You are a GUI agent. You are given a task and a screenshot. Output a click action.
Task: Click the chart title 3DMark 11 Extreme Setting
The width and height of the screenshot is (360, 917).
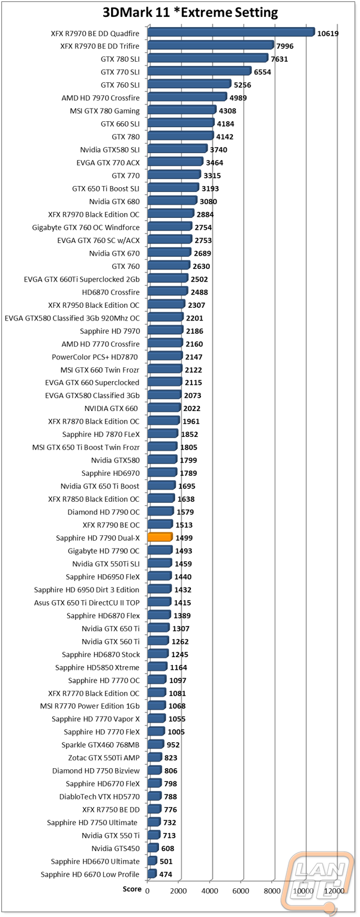tap(190, 13)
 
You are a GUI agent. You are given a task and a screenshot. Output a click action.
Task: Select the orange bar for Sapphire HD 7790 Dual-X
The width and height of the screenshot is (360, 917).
tap(160, 537)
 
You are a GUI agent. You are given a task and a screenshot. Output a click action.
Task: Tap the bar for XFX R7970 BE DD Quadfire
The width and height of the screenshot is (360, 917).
tap(231, 33)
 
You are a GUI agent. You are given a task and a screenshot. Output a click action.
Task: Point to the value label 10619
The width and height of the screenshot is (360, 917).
tap(328, 34)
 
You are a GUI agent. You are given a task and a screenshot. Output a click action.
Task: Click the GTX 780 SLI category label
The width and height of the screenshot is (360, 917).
tap(120, 59)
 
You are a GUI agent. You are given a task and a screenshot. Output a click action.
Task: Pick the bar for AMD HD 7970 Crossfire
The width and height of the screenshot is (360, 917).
tap(187, 97)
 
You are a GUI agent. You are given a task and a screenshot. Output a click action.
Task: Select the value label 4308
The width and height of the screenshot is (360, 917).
tap(227, 111)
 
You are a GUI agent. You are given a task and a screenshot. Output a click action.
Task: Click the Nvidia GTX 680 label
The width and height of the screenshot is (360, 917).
tap(115, 202)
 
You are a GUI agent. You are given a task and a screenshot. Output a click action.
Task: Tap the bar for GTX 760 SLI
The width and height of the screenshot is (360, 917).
tap(190, 85)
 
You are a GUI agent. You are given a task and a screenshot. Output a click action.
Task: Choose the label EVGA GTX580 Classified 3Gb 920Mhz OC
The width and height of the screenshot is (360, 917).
tap(72, 318)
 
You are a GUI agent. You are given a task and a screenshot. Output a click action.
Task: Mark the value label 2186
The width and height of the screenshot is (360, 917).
tap(194, 331)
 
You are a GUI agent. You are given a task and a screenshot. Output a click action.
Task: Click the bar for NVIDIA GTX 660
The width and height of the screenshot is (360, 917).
tap(164, 407)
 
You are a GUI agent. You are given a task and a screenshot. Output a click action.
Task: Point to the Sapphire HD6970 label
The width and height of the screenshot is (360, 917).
tap(110, 474)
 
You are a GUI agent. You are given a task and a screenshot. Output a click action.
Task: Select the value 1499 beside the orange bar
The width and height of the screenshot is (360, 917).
tap(184, 538)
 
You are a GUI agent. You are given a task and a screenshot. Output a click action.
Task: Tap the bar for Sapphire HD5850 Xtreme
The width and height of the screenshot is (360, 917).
tap(157, 667)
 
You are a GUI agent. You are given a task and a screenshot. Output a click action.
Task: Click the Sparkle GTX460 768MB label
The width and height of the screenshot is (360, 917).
tap(101, 745)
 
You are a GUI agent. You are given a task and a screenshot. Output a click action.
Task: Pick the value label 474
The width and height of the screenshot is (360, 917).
tap(166, 874)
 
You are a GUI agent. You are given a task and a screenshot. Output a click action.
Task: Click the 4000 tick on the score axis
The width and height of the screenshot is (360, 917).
tap(210, 891)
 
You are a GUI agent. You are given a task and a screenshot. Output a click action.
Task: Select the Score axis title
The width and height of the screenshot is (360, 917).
tap(132, 889)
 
